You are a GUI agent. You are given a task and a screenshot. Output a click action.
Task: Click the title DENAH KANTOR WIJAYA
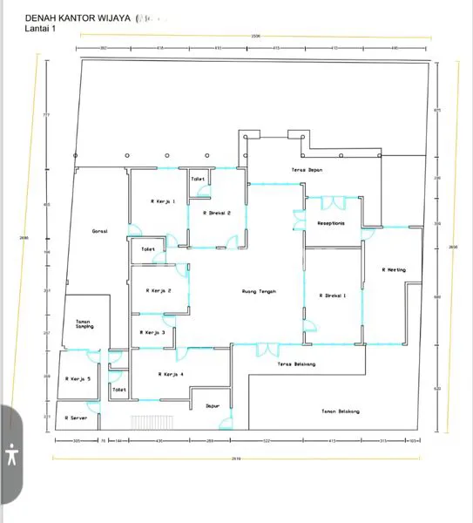(78, 17)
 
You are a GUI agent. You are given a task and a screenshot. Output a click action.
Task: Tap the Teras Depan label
(307, 170)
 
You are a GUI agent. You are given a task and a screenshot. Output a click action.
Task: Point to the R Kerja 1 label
(163, 201)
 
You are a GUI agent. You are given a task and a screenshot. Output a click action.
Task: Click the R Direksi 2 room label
(216, 213)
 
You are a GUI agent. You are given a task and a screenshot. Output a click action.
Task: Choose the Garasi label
(99, 231)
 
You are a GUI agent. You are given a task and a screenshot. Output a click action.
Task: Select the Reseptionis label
(331, 222)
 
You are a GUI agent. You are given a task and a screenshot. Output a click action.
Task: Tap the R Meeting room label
(394, 269)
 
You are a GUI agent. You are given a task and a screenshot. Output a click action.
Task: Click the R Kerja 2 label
(158, 290)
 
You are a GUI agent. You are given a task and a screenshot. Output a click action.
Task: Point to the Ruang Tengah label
(259, 292)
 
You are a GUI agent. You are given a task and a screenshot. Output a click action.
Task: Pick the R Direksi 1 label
(333, 295)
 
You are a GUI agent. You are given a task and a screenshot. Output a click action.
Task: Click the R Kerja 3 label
(152, 332)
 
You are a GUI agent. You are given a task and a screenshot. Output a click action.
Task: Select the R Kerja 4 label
(171, 374)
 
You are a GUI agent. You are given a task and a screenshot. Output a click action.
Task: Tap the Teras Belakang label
(296, 363)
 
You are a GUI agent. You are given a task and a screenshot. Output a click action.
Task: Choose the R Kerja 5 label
(78, 378)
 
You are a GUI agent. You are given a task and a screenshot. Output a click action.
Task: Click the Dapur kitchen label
(212, 405)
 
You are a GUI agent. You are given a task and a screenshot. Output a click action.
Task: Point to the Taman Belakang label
(340, 411)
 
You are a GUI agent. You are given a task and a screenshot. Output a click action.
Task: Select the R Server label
(78, 418)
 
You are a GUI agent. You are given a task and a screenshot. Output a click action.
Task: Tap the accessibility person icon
(11, 455)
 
